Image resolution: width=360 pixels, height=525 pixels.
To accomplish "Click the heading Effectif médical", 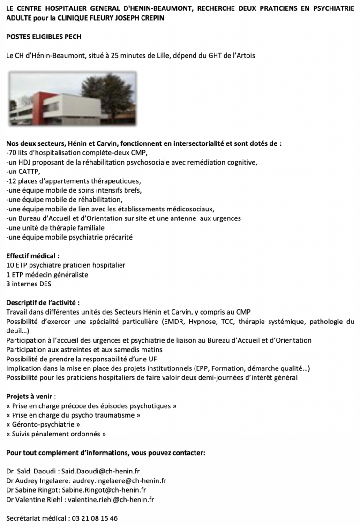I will point(32,256).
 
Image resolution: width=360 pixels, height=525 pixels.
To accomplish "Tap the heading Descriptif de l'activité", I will point(43,303).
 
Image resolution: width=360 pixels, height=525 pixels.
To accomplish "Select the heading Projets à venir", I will point(29,396).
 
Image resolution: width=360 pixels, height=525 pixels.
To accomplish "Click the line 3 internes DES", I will point(29,284).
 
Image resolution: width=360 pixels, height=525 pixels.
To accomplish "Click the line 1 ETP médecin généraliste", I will point(47,275).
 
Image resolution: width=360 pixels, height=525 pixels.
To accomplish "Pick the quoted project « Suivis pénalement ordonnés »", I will point(56,434).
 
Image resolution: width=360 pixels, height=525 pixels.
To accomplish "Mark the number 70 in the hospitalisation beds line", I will point(12,153).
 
